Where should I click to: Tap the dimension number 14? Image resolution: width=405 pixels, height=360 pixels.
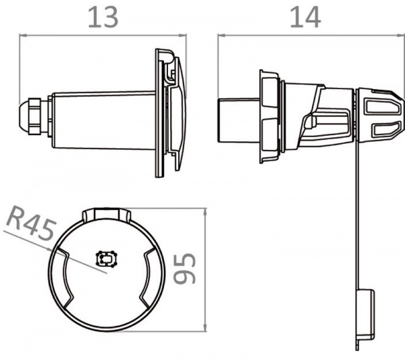[x=305, y=18]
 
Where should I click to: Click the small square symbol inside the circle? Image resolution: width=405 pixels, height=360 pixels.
[x=107, y=258]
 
